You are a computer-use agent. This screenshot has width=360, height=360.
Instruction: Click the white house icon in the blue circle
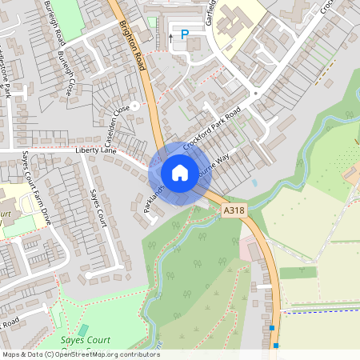pyautogui.click(x=180, y=172)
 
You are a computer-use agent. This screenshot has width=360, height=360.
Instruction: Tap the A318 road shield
pyautogui.click(x=234, y=210)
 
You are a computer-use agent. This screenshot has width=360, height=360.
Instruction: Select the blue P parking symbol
pyautogui.click(x=185, y=35)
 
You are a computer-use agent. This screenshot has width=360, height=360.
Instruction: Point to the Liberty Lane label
pyautogui.click(x=96, y=150)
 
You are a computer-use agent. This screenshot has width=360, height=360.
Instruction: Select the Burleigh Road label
pyautogui.click(x=49, y=28)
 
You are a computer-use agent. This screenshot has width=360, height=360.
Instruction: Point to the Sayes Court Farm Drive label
pyautogui.click(x=36, y=186)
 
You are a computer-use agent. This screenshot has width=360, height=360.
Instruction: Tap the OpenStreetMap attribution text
pyautogui.click(x=81, y=354)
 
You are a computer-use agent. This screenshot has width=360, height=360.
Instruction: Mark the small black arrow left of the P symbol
pyautogui.click(x=170, y=36)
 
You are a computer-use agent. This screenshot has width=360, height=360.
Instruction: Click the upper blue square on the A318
pyautogui.click(x=272, y=328)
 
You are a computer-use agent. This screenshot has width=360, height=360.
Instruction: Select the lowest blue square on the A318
pyautogui.click(x=276, y=346)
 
